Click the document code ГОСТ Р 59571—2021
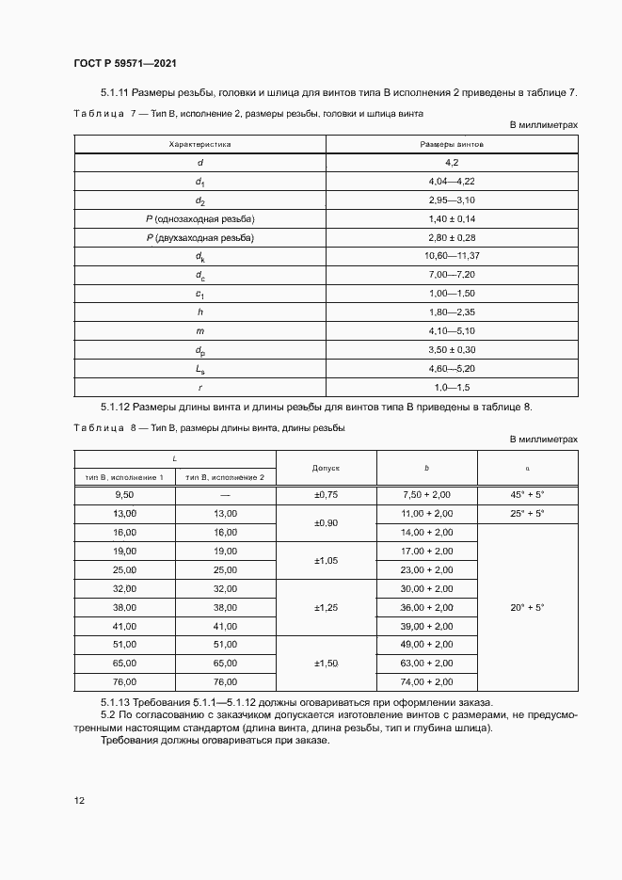pos(125,63)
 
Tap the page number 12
pos(79,800)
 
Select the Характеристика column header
pos(199,144)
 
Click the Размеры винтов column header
pos(452,144)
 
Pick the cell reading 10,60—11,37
pos(452,256)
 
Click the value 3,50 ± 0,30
pos(452,349)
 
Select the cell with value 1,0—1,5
pos(452,387)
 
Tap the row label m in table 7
pos(199,330)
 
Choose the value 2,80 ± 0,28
pos(452,237)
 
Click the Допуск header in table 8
pos(326,467)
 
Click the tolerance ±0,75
pos(326,494)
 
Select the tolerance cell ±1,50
pos(326,664)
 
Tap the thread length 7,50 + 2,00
pos(426,494)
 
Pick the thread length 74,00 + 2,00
pos(426,681)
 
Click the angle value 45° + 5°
pos(527,494)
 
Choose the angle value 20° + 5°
pos(527,607)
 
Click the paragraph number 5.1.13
pos(119,703)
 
